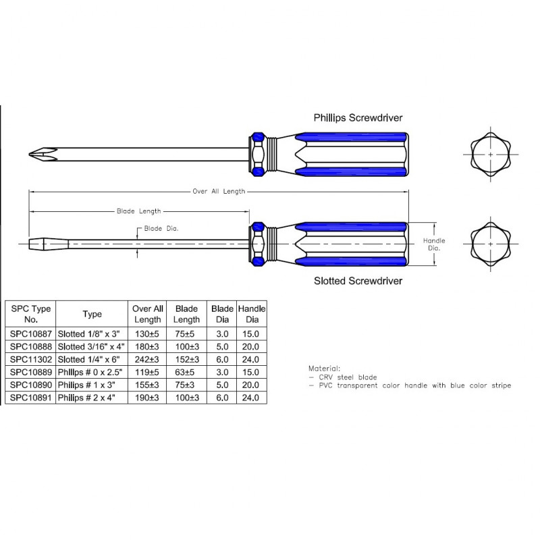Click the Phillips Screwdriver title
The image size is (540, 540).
[358, 117]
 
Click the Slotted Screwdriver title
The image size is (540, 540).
[358, 281]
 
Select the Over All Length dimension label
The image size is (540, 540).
[219, 192]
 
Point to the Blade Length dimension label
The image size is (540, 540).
[140, 211]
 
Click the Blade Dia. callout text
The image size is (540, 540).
[162, 229]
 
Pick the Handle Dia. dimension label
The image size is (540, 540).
[434, 244]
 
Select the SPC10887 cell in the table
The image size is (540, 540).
[29, 333]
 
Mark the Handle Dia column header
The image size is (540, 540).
[252, 314]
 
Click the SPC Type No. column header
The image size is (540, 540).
[29, 314]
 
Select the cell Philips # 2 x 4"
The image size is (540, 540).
[92, 399]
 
